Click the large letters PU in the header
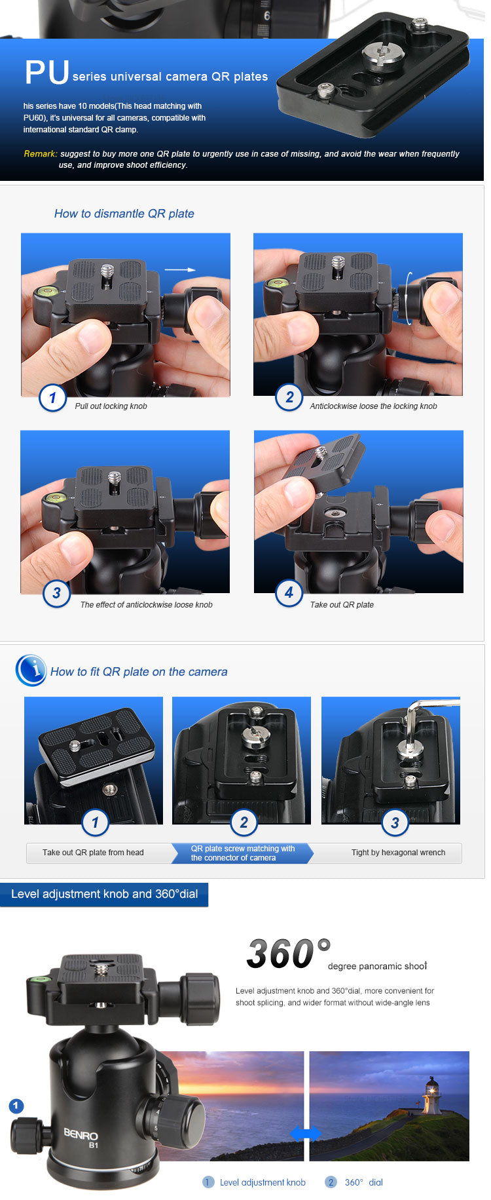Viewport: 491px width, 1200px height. coord(46,72)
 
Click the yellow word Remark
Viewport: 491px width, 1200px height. coord(40,154)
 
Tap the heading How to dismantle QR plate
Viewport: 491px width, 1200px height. coord(124,214)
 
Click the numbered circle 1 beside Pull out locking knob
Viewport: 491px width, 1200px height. coord(52,397)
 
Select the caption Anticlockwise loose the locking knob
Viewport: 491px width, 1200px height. coord(373,406)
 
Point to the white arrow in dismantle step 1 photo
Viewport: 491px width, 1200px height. coord(179,269)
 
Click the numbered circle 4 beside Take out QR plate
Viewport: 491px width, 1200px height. coord(289,593)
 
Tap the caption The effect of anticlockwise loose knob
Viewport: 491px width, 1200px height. coord(146,605)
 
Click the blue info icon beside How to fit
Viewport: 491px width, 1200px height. coord(31,670)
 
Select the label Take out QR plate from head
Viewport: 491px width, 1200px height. coord(93,853)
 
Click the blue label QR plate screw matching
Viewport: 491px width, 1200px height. coord(242,853)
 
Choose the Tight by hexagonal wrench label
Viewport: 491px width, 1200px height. coord(398,853)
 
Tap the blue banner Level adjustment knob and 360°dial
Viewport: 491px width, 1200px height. coord(104,895)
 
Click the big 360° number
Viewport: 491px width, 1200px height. coord(288,954)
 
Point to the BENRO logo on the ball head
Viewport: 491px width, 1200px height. coord(81,1134)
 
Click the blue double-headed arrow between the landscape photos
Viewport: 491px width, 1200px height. coord(306,1133)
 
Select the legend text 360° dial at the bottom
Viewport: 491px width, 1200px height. coord(363,1182)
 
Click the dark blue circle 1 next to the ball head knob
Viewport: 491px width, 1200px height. coord(16,1106)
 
